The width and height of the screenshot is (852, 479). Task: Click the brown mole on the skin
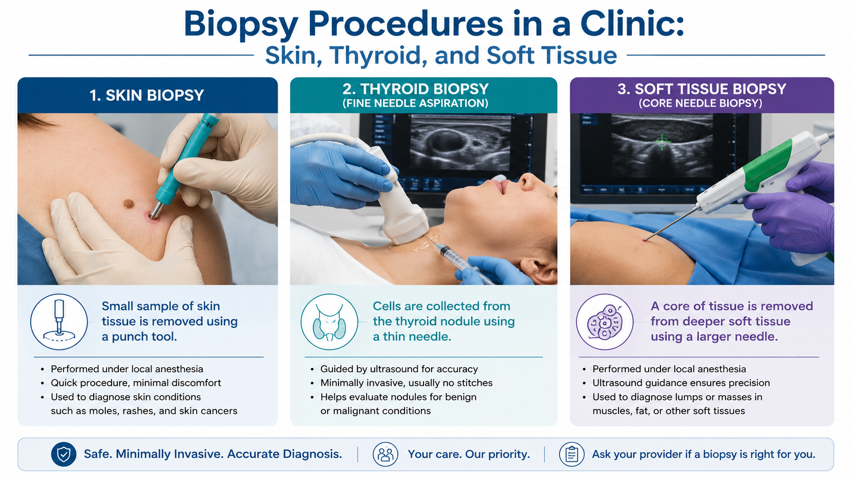[x=128, y=204]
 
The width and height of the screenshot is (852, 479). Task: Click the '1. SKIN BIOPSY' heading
[x=147, y=95]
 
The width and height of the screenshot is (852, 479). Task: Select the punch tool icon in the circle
[x=59, y=322]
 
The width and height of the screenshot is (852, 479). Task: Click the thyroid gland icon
[x=329, y=322]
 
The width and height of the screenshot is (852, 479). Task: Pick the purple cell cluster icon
[x=605, y=322]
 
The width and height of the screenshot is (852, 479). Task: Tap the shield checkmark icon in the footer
[x=64, y=454]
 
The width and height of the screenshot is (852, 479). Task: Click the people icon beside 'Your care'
[x=385, y=454]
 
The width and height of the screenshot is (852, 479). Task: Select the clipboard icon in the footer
[x=571, y=454]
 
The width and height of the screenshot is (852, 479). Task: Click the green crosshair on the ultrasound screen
[x=662, y=142]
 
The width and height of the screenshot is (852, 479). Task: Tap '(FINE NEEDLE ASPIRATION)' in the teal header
[x=415, y=103]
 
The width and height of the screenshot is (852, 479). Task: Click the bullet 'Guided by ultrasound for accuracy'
[x=399, y=369]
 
